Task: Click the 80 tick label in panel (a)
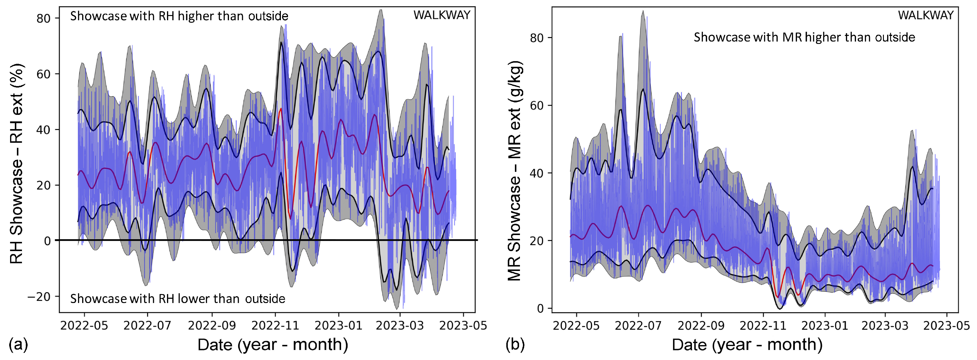click(x=43, y=18)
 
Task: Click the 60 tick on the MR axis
click(x=537, y=105)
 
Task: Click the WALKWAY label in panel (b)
click(x=925, y=15)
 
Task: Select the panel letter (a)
click(x=18, y=345)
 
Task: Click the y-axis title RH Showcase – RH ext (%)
click(x=16, y=163)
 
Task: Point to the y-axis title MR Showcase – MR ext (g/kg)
click(x=515, y=171)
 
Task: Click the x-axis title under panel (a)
click(x=273, y=345)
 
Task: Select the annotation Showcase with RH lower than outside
click(x=177, y=299)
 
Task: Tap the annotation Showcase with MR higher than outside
click(x=804, y=37)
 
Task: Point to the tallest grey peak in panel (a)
click(x=381, y=11)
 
